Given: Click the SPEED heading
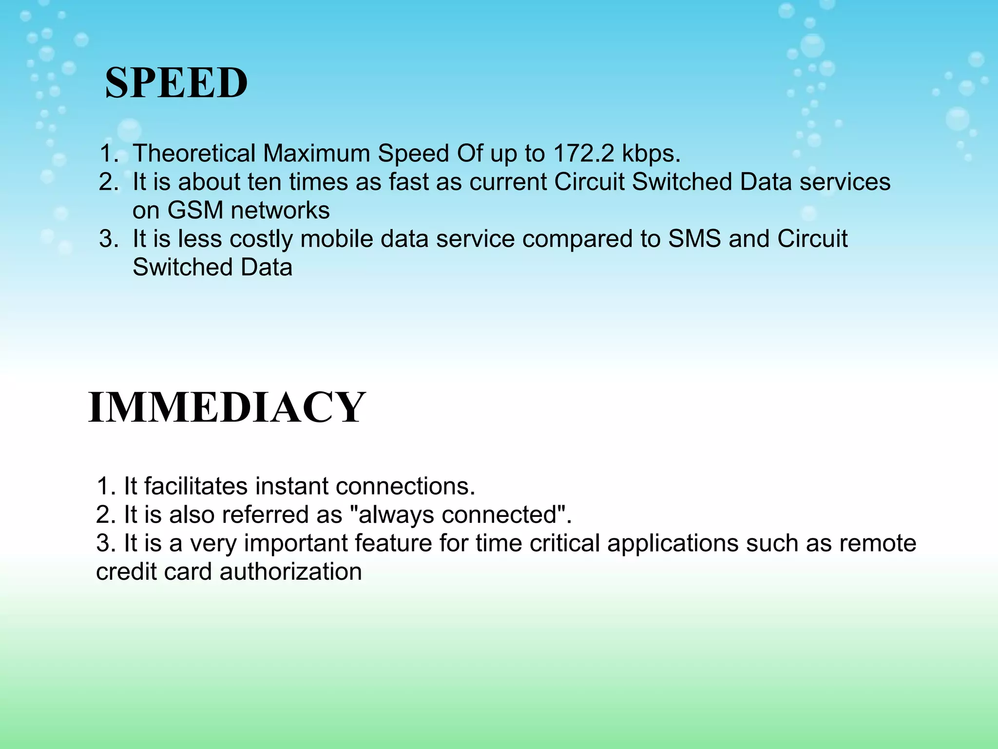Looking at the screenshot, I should coord(176,83).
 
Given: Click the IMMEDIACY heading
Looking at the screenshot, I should coord(227,408).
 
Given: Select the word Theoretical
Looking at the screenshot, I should coord(194,154).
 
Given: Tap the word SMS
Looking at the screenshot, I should coord(694,239).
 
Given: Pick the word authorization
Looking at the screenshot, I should coord(290,572).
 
